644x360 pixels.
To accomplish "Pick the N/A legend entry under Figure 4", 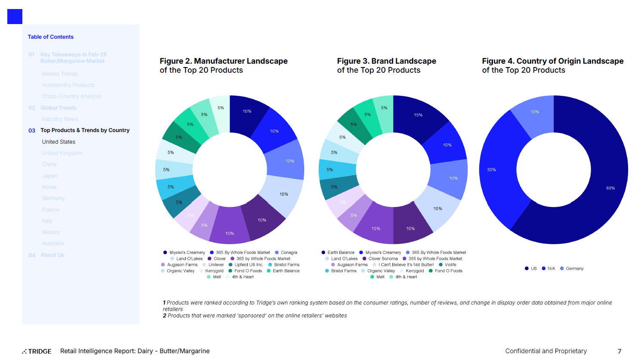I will tap(551, 268).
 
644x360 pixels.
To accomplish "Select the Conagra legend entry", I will tap(289, 252).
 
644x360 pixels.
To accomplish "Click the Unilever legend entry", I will tap(216, 265).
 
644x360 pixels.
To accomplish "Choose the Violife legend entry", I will tap(450, 265).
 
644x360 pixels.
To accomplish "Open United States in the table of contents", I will tap(59, 142).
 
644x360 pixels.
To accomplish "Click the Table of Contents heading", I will tap(50, 37).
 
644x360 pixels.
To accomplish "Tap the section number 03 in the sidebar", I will tap(32, 130).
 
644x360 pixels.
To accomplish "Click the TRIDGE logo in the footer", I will tap(37, 351).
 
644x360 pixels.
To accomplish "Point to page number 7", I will tap(619, 351).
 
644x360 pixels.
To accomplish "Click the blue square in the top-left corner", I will tap(15, 16).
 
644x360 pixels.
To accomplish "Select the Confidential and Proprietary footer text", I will tap(546, 351).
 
